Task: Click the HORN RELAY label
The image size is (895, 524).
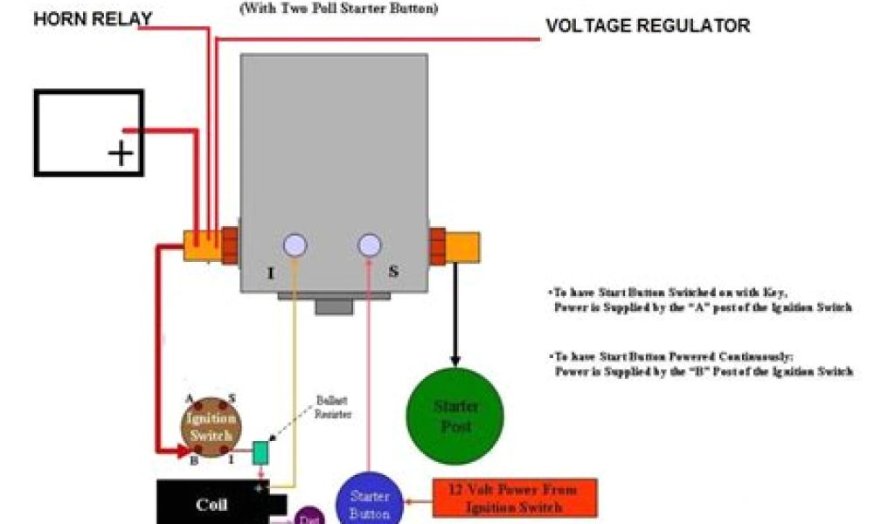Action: (x=93, y=18)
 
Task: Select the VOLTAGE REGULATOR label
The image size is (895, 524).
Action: (x=648, y=25)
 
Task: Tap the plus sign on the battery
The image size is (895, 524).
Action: (x=121, y=155)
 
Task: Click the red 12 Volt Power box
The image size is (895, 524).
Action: (x=515, y=497)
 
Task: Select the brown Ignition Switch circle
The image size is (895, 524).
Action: (x=211, y=426)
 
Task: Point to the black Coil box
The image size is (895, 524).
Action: (x=212, y=504)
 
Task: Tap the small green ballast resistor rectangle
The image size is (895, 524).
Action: (x=260, y=452)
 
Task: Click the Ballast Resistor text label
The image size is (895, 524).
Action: (x=332, y=409)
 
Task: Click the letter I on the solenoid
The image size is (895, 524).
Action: (x=271, y=273)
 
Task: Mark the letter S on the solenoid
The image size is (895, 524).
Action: (x=393, y=272)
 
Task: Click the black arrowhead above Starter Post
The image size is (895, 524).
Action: (x=454, y=359)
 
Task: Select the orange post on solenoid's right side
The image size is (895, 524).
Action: (x=462, y=245)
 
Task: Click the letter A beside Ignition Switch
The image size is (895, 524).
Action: (x=189, y=397)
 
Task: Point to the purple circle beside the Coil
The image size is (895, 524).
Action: (x=309, y=515)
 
